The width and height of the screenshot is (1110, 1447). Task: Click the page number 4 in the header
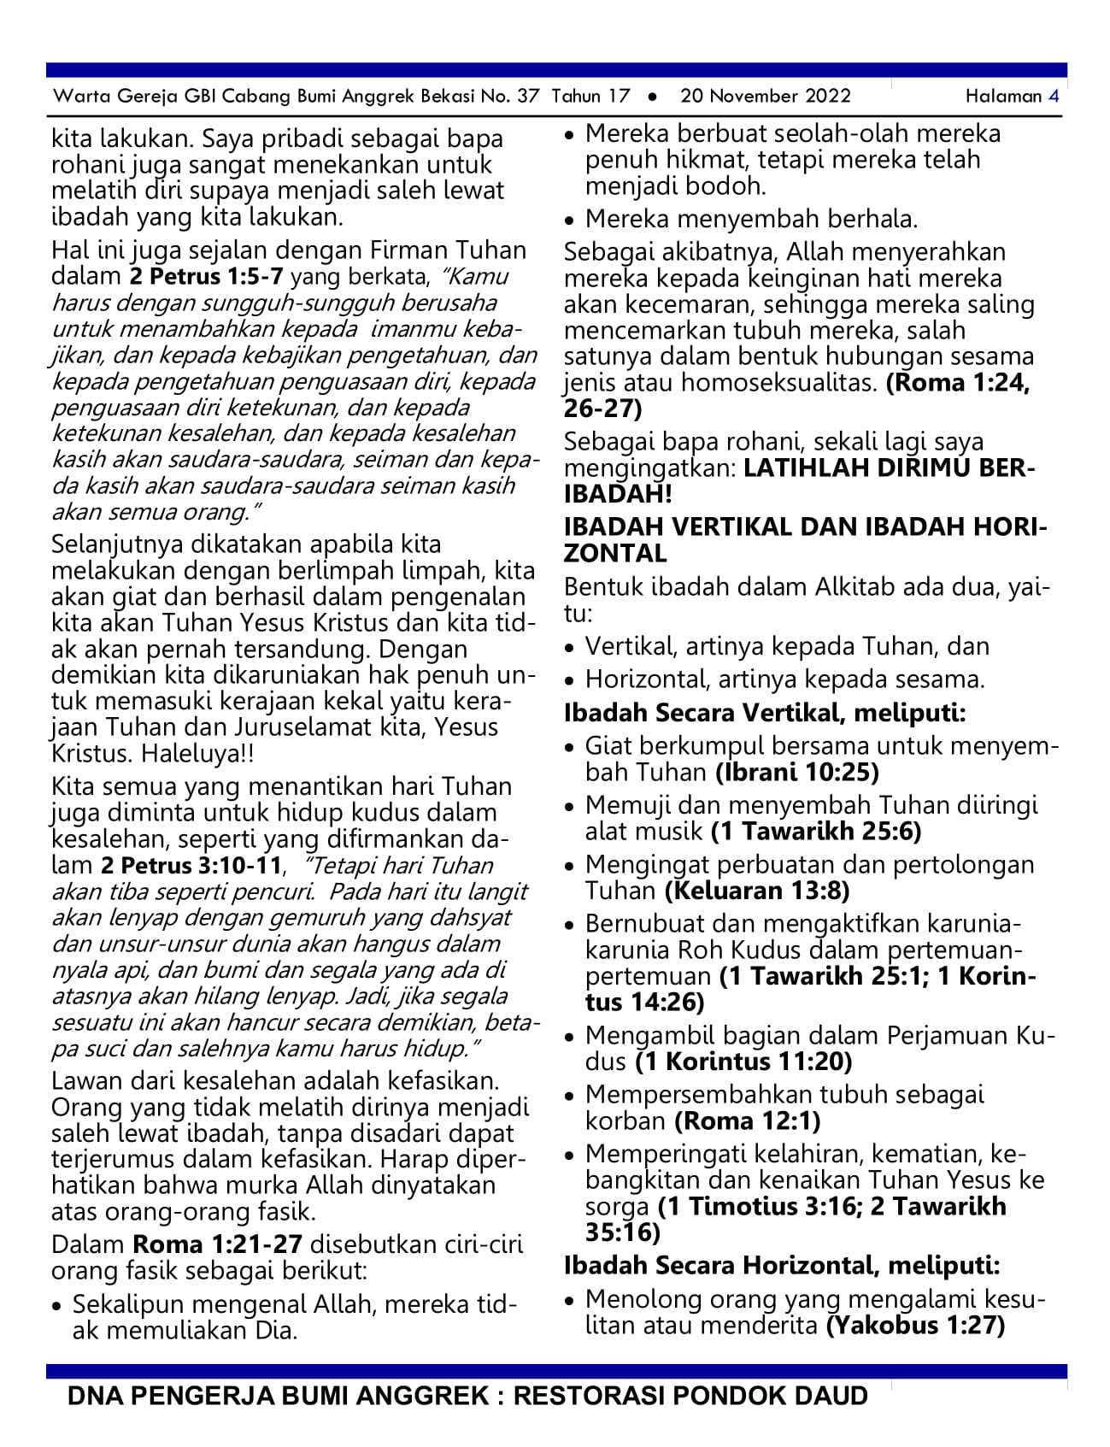(1054, 96)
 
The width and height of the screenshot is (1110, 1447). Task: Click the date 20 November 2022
(765, 96)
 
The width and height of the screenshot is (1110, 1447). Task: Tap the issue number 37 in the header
(528, 96)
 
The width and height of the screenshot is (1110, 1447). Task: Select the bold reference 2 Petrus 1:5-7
(205, 277)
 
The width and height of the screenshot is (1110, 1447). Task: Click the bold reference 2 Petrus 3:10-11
(191, 866)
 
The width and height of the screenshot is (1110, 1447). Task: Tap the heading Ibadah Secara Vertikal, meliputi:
(765, 713)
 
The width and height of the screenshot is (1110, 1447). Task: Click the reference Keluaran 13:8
(757, 891)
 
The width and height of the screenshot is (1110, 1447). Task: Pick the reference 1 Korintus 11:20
(743, 1062)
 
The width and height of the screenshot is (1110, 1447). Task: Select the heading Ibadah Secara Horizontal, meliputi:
(782, 1266)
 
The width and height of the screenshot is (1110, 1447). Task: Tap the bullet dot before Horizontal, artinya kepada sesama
(571, 681)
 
